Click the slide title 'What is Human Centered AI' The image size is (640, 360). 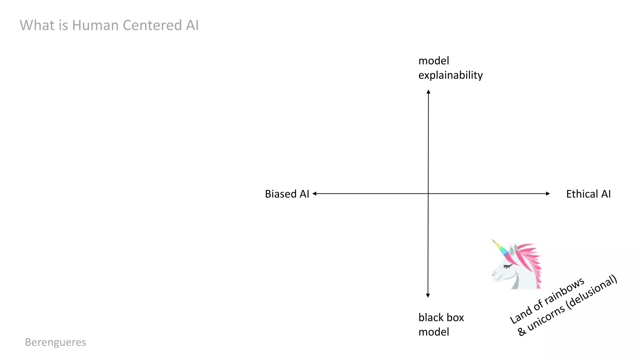(109, 25)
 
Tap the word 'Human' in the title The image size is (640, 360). (95, 25)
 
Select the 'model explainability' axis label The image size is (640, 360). (450, 68)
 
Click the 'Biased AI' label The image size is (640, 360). (287, 194)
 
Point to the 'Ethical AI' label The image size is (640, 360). (588, 194)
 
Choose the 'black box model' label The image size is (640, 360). (441, 325)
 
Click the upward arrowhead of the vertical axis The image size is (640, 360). (428, 92)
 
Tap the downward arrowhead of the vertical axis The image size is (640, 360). (428, 295)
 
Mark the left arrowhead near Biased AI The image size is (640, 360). (314, 194)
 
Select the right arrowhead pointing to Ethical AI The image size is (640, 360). (548, 194)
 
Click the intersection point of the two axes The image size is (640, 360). (428, 194)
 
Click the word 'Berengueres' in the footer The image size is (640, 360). (56, 342)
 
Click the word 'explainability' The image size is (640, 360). (450, 75)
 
